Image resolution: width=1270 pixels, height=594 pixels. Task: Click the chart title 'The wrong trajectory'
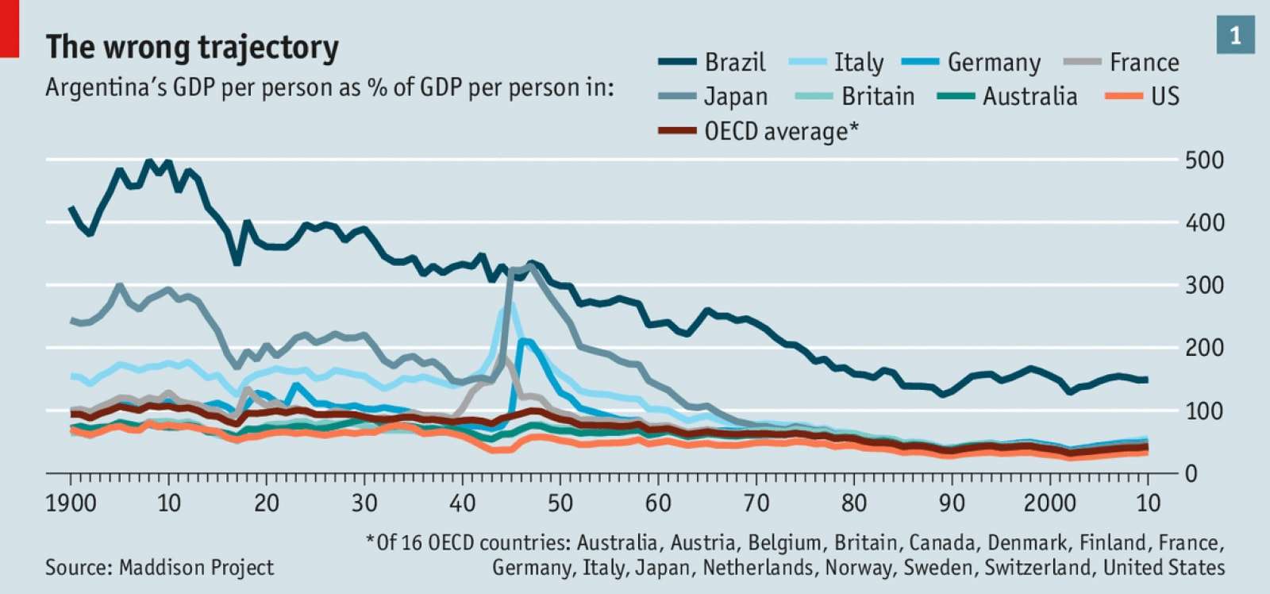click(x=192, y=48)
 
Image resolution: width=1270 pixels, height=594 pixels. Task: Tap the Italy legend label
click(x=858, y=62)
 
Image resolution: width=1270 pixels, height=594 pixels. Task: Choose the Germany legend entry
click(x=993, y=62)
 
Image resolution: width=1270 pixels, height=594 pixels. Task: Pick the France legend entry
click(x=1144, y=62)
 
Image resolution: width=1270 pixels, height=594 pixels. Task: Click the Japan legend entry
click(x=735, y=97)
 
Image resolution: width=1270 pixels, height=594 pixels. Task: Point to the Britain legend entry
click(x=877, y=97)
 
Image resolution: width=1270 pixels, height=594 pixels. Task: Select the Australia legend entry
click(x=1029, y=97)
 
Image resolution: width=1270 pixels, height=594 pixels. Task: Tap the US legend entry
click(x=1164, y=97)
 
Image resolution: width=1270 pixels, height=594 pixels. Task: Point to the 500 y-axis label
click(x=1204, y=160)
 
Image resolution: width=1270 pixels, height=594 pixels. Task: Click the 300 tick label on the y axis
click(x=1204, y=285)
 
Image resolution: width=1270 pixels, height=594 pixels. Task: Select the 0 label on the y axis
click(x=1191, y=474)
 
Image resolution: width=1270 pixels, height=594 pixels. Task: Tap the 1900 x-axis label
click(x=71, y=503)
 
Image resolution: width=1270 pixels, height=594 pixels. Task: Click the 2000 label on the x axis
click(x=1049, y=503)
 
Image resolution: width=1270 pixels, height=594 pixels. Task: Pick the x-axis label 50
click(x=560, y=503)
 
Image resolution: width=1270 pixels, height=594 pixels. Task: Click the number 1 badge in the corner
click(x=1235, y=36)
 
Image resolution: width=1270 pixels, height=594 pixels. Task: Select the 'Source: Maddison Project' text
click(x=159, y=567)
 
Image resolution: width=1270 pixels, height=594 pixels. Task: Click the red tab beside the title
click(x=9, y=29)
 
